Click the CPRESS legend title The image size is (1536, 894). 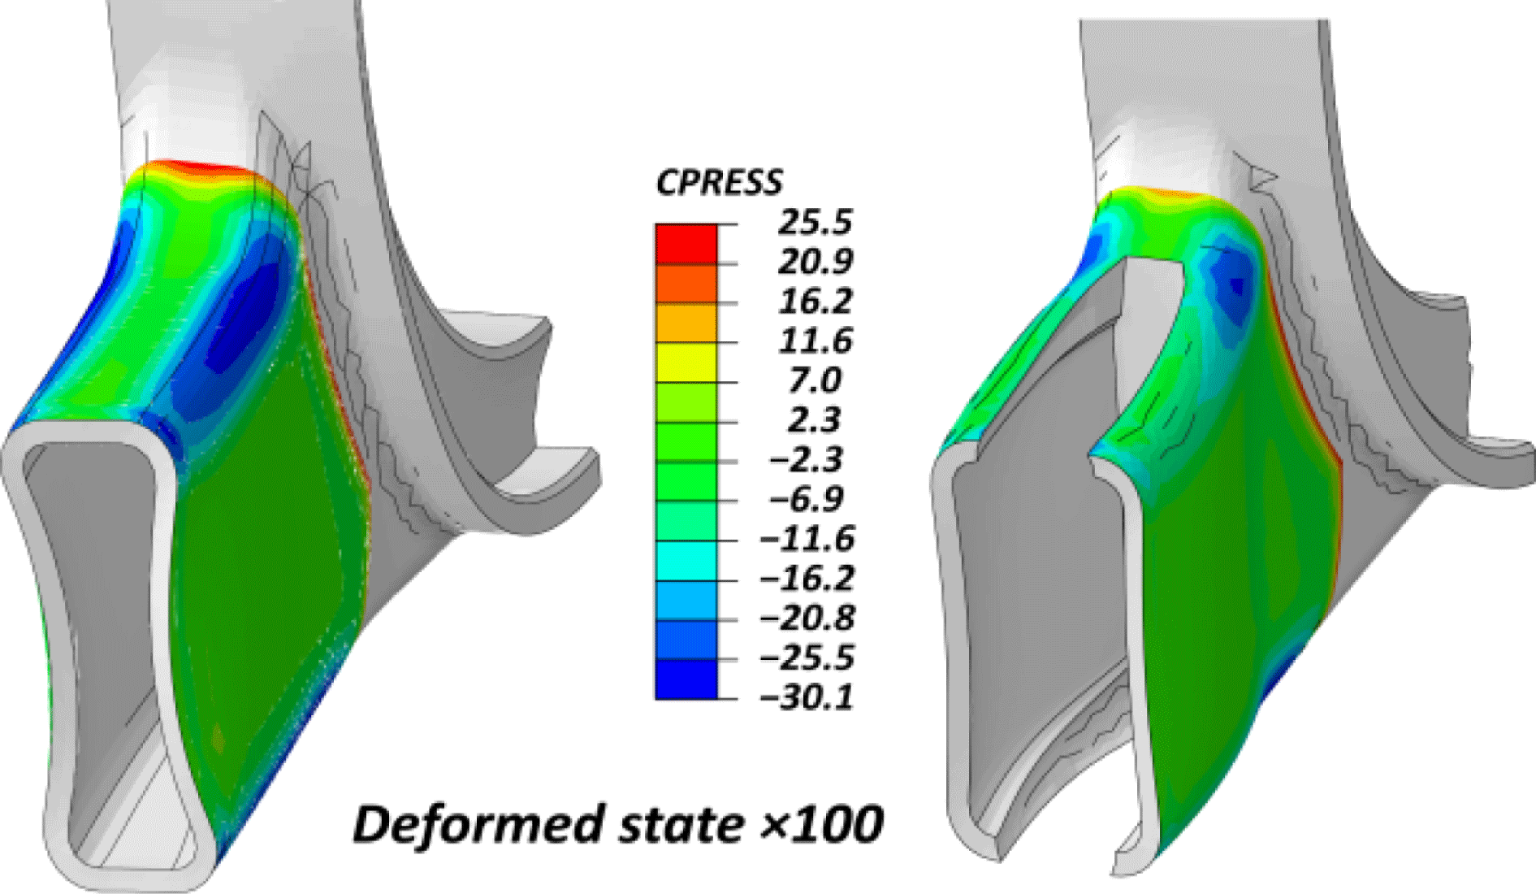point(719,182)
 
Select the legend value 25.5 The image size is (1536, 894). point(815,222)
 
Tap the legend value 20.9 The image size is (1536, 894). point(815,262)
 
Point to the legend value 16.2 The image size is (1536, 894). point(815,302)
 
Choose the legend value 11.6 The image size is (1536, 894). point(815,341)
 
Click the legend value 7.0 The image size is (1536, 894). point(815,380)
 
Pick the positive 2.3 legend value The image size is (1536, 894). point(815,420)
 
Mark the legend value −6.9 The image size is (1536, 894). point(806,499)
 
